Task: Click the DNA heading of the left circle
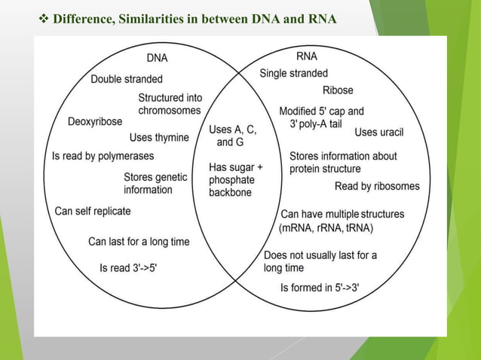click(x=157, y=57)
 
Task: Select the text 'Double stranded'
click(x=127, y=79)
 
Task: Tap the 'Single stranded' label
click(x=293, y=73)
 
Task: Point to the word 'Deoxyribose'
click(x=95, y=122)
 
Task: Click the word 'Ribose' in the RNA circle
click(x=337, y=90)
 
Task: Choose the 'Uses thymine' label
click(x=160, y=137)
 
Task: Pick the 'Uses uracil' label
click(x=378, y=133)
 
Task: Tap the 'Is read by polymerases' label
click(x=103, y=156)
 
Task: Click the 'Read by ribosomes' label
click(x=377, y=186)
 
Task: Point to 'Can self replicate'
click(x=93, y=211)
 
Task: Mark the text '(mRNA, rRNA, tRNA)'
click(x=326, y=228)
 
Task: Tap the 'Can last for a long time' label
click(x=139, y=242)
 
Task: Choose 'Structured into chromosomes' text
click(x=170, y=104)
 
